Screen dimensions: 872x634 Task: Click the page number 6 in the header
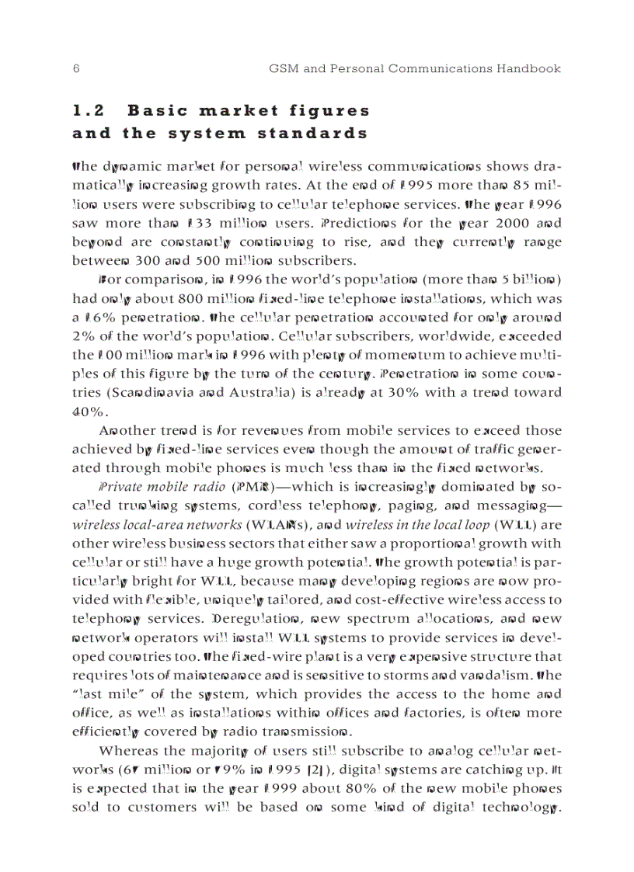click(76, 69)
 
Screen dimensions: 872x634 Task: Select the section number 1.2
click(89, 111)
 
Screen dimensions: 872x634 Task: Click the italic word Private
click(121, 487)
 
